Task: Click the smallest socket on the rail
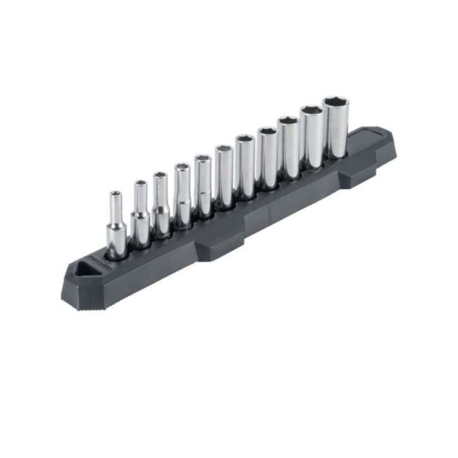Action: [115, 222]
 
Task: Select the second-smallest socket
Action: [140, 215]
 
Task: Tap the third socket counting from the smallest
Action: [161, 204]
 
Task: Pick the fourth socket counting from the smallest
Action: [182, 197]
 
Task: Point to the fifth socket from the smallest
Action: [203, 187]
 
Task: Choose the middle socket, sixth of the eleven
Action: [224, 178]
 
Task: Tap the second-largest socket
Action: [311, 137]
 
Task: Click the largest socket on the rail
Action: [335, 128]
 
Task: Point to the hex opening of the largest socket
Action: [335, 103]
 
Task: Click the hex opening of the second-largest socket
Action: [311, 111]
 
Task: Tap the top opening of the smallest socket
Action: [115, 192]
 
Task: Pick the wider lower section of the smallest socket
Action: [115, 237]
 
